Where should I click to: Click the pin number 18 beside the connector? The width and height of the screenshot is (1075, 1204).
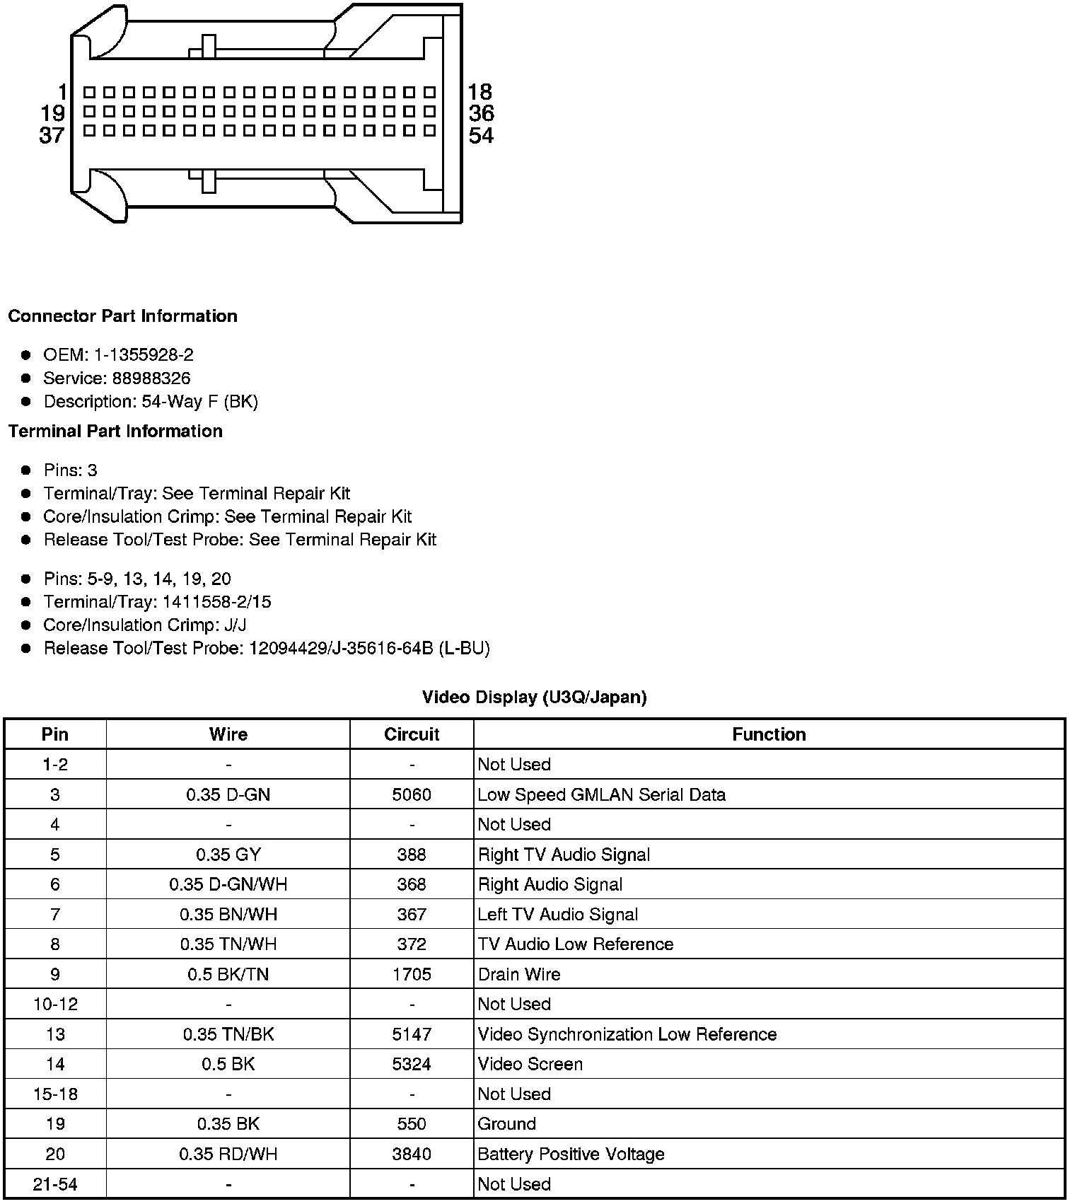tap(480, 92)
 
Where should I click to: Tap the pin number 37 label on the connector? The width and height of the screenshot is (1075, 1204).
tap(52, 135)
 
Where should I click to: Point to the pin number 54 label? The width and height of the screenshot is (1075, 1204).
tap(481, 135)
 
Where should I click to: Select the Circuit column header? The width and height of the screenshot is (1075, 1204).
tap(412, 734)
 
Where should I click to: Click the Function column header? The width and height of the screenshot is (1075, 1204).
tap(769, 734)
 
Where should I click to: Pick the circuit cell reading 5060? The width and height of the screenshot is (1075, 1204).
tap(412, 794)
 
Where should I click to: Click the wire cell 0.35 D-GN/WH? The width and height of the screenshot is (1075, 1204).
tap(228, 884)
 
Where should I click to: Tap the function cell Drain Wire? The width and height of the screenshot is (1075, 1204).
tap(519, 974)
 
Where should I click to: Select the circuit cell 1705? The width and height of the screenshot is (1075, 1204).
tap(412, 974)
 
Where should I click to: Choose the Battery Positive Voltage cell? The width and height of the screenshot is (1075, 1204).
tap(571, 1154)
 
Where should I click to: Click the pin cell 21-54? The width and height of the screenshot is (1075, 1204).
tap(55, 1184)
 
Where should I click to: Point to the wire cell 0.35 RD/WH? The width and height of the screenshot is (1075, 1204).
tap(228, 1154)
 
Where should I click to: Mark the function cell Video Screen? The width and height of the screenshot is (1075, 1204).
tap(530, 1064)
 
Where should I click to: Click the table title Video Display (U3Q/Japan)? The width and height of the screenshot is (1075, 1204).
tap(534, 697)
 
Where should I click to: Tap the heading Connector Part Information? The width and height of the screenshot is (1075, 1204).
tap(122, 316)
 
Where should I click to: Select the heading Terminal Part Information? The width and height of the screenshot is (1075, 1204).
tap(115, 432)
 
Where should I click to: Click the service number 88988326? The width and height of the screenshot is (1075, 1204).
tap(151, 378)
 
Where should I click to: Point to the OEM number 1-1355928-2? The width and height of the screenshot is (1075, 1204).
tap(144, 355)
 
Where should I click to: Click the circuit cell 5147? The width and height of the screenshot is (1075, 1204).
tap(412, 1034)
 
